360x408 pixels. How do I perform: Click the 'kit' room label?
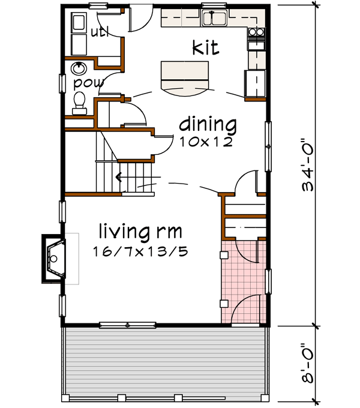205,47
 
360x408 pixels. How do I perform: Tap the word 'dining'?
208,125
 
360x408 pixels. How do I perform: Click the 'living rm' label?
140,231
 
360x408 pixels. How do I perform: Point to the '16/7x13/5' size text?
140,251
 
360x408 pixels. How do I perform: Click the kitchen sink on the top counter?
214,19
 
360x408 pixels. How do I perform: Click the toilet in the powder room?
79,103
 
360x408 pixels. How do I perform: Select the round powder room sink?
78,67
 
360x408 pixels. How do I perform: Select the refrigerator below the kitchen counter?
255,83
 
